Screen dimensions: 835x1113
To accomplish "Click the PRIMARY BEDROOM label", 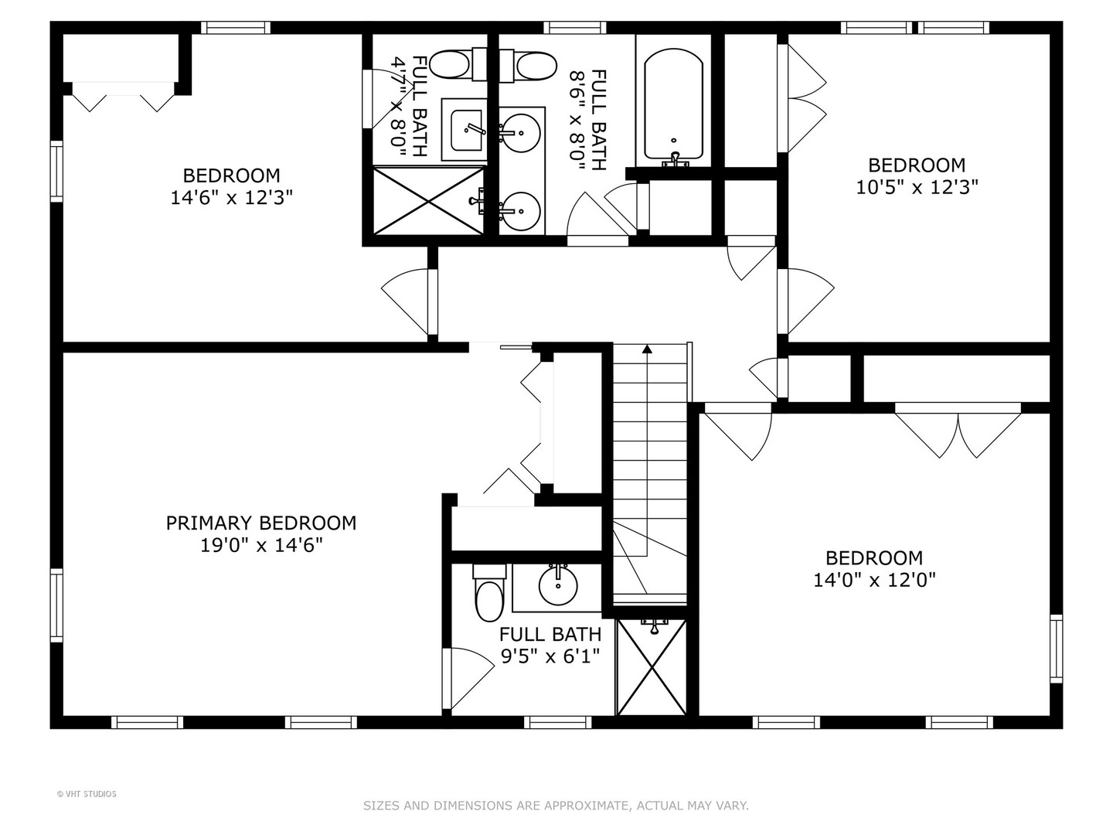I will tap(261, 523).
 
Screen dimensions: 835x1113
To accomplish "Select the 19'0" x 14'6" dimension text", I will tap(261, 546).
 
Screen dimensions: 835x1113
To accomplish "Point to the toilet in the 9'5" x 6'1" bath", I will tap(488, 596).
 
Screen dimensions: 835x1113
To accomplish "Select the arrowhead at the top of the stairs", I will tap(647, 349).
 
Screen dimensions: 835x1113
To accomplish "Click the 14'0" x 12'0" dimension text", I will tap(874, 581).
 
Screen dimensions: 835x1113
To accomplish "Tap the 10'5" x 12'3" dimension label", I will tap(917, 187).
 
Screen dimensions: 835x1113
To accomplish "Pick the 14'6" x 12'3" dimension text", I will tap(231, 198).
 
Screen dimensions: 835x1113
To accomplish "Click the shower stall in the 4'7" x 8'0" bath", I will tap(429, 200).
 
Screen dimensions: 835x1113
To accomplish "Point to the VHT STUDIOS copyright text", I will tap(87, 794).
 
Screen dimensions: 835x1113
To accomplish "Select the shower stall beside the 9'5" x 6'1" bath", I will tap(651, 666).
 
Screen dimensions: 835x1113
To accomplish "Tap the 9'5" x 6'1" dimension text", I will tap(550, 657).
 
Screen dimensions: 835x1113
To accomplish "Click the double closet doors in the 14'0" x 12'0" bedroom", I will tap(958, 433).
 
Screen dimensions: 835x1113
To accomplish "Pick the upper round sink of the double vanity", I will tap(519, 133).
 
